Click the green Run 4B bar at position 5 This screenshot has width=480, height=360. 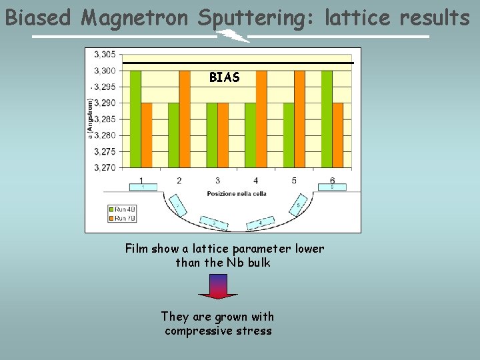289,135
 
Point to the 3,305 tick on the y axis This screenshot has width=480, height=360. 104,55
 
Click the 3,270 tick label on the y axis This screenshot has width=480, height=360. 104,167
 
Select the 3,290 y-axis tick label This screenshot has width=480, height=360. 104,103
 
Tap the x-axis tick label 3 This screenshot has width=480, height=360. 217,181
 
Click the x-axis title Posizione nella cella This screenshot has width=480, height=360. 237,193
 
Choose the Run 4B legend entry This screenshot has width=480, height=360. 123,209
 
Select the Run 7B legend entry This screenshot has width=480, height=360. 123,217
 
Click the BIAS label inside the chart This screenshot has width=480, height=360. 224,78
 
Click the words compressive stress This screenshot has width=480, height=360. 218,331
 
